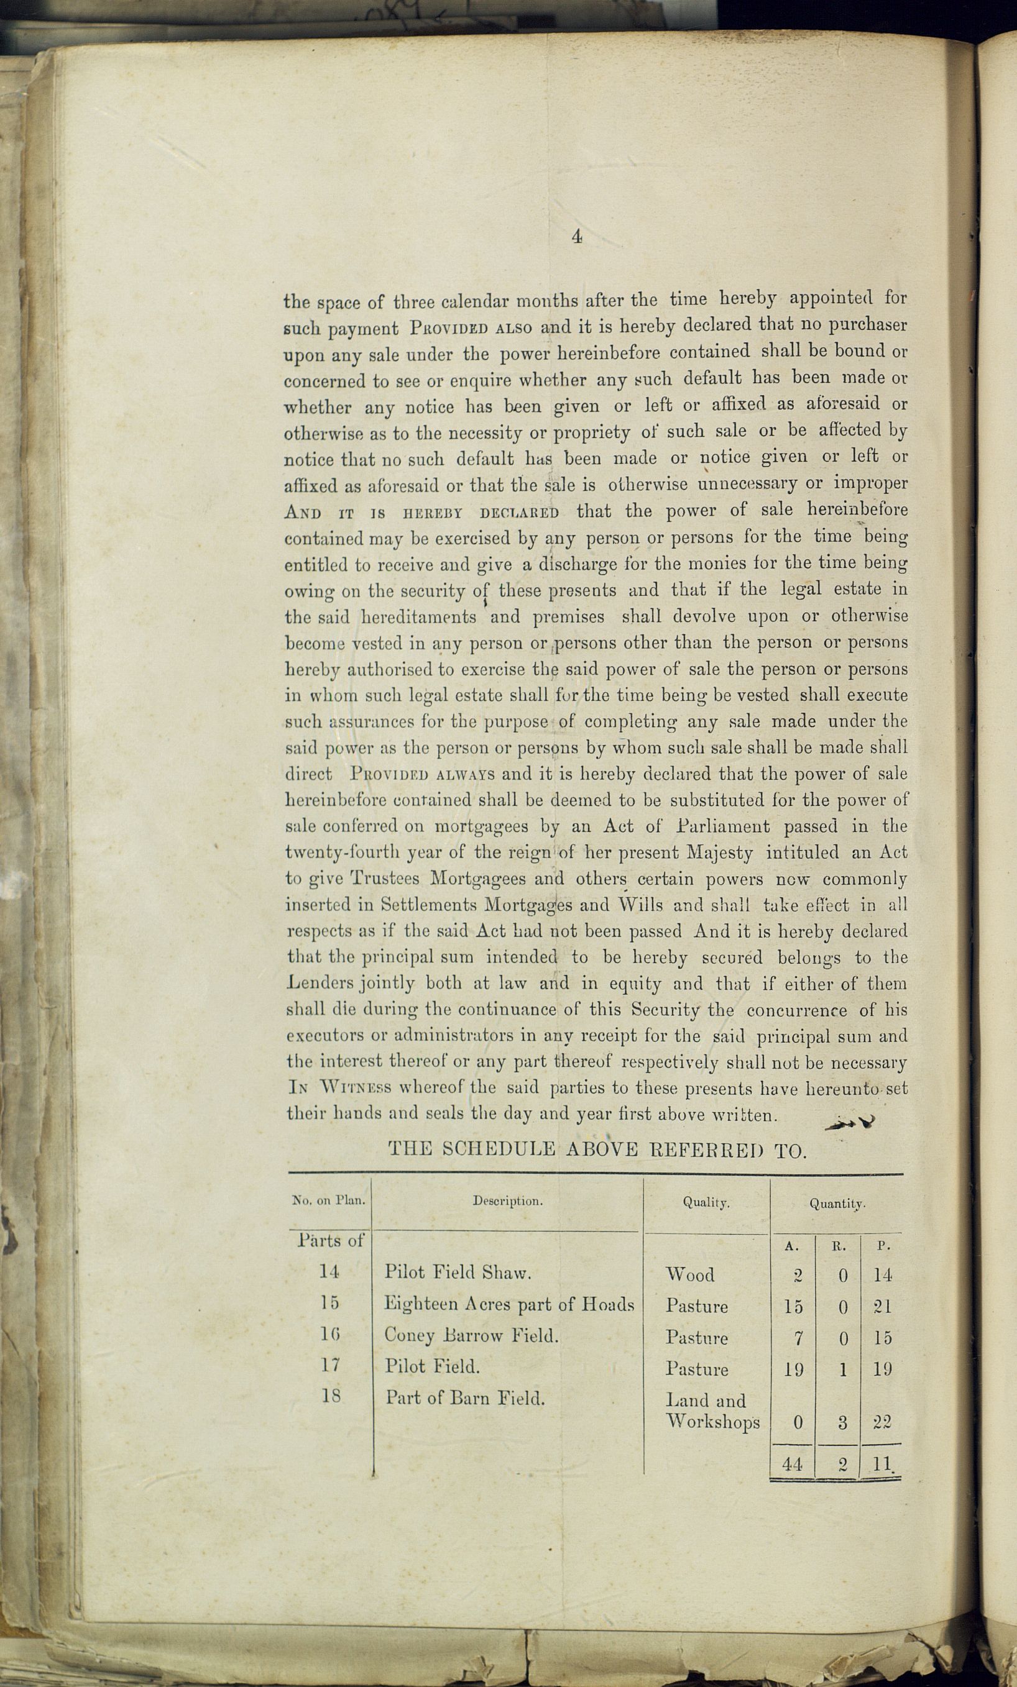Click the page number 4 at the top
click(577, 237)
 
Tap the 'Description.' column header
click(507, 1201)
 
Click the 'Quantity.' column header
click(837, 1204)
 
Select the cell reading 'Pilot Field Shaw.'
click(458, 1273)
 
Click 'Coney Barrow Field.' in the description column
click(471, 1335)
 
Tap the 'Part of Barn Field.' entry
click(465, 1397)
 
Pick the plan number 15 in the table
click(330, 1304)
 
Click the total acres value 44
click(793, 1465)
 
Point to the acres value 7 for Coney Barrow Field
click(798, 1337)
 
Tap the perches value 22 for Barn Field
click(882, 1422)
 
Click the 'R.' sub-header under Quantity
click(839, 1246)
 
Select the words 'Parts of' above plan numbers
click(331, 1240)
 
